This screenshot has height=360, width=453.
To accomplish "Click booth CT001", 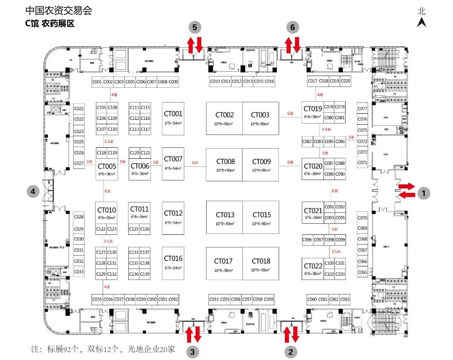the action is click(173, 117).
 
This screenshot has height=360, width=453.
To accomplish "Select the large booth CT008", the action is click(224, 165).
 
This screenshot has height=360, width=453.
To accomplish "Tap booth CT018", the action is click(261, 264).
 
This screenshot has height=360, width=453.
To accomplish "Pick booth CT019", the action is click(312, 112).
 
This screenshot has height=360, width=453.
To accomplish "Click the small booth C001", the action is click(97, 82).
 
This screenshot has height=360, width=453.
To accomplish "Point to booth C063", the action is click(345, 299).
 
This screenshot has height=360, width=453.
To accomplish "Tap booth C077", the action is click(362, 109).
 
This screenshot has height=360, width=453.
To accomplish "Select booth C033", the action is click(79, 272).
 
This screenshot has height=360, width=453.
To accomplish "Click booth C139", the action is click(145, 274).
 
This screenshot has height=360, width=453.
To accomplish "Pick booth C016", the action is click(269, 81).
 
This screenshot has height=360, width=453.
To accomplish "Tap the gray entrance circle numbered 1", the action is click(423, 193).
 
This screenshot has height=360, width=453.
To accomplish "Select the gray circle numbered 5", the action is click(195, 27).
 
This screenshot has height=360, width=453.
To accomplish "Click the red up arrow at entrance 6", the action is click(288, 45).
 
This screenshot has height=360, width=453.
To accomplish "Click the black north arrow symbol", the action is click(422, 22).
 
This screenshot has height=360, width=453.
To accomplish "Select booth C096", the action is click(307, 240).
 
